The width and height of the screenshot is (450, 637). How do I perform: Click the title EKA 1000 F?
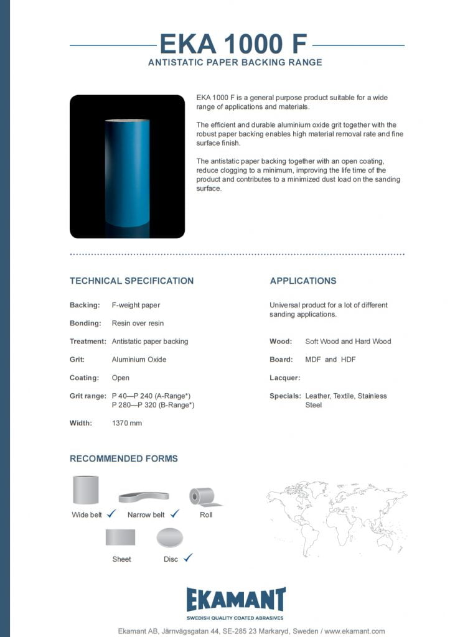pos(233,44)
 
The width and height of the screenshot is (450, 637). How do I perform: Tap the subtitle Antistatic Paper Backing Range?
pos(235,63)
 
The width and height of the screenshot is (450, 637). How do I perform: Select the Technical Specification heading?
pos(131,281)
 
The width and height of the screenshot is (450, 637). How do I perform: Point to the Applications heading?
pos(302,281)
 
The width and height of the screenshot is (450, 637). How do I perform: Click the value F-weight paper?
pos(136,305)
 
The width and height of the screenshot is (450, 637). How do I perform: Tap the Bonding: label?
pos(85,323)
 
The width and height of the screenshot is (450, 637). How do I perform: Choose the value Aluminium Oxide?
pos(139,360)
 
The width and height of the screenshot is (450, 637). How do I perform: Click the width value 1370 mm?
pos(126,423)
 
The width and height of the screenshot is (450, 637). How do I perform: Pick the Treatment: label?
pos(88,342)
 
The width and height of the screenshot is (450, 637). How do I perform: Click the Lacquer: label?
pos(284,378)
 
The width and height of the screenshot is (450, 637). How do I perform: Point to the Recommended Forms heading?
pos(123,458)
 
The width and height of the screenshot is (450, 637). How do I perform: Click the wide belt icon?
pos(87,490)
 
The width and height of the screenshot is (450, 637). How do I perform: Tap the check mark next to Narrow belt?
pos(174,514)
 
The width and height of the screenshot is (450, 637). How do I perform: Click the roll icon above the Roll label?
pos(203,496)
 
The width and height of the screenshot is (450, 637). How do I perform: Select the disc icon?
pos(171,537)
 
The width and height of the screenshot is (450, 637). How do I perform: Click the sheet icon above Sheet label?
pos(120,537)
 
